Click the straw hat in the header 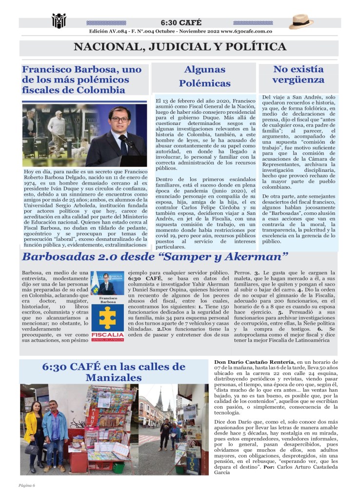coord(301,21)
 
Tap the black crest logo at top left coord(59,21)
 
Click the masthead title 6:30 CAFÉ coord(180,22)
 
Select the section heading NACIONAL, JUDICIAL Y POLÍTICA coord(180,47)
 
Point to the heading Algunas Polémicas coord(204,76)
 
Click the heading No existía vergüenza coord(298,74)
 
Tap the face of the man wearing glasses coord(119,117)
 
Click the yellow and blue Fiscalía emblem coord(107,317)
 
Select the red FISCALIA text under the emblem coord(107,335)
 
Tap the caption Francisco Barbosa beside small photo coord(107,299)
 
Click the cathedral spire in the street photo coord(159,400)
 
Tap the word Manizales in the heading coord(113,377)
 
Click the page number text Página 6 coord(27,485)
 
